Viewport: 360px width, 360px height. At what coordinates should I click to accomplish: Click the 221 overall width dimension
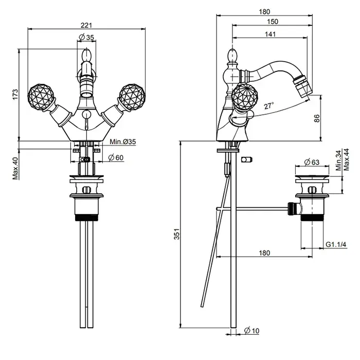pos(86,25)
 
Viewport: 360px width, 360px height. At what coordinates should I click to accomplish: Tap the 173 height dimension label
pos(15,94)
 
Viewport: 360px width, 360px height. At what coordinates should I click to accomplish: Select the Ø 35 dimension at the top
pos(86,37)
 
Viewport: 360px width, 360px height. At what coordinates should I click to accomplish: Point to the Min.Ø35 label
pos(122,141)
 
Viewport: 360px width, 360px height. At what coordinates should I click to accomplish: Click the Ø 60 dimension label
pos(116,158)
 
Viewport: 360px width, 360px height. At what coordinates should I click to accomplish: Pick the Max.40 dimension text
pos(15,168)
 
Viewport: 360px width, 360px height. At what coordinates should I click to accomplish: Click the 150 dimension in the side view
pos(273,22)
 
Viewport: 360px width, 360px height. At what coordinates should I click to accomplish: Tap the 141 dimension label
pos(270,34)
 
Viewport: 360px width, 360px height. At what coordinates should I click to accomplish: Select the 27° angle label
pos(269,106)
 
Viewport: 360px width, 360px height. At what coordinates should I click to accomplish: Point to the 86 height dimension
pos(317,118)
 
